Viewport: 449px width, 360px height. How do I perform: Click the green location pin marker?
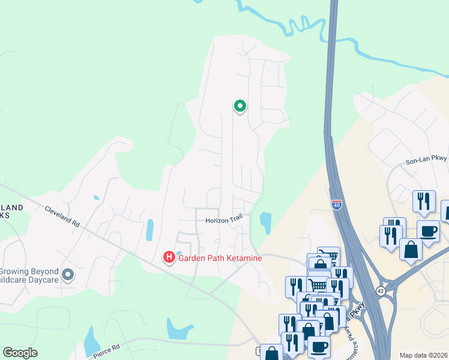click(x=240, y=106)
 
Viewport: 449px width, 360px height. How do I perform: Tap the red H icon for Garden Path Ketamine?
click(x=169, y=258)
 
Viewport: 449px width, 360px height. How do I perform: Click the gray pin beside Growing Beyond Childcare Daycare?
click(x=68, y=275)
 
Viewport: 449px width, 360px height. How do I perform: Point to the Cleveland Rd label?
click(x=62, y=217)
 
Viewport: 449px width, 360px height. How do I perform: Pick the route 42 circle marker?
click(x=381, y=291)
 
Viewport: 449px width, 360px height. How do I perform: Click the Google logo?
click(x=20, y=353)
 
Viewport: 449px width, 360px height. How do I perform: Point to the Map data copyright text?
click(x=424, y=355)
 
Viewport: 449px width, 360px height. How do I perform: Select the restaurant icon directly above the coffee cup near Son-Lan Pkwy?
click(x=424, y=202)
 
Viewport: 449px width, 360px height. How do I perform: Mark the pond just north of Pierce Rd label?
click(x=92, y=341)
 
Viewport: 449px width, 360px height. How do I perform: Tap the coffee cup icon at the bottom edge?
click(x=318, y=347)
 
